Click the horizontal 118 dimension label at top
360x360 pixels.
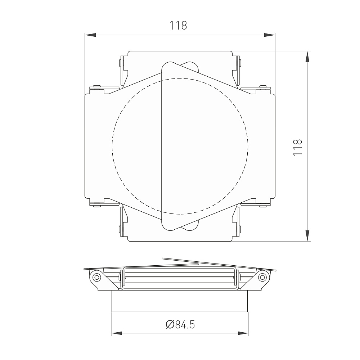click(x=178, y=26)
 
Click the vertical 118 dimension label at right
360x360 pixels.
click(x=298, y=147)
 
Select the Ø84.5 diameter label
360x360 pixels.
click(x=180, y=325)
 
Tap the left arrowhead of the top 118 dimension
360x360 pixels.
click(x=90, y=35)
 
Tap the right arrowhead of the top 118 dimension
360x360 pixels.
click(x=269, y=35)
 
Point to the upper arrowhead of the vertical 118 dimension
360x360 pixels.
click(x=307, y=57)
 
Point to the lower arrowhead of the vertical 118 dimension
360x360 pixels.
click(x=307, y=235)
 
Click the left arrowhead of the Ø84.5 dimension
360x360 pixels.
click(x=117, y=333)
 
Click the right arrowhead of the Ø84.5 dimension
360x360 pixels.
click(x=243, y=333)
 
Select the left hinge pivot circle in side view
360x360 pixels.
click(x=96, y=277)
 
